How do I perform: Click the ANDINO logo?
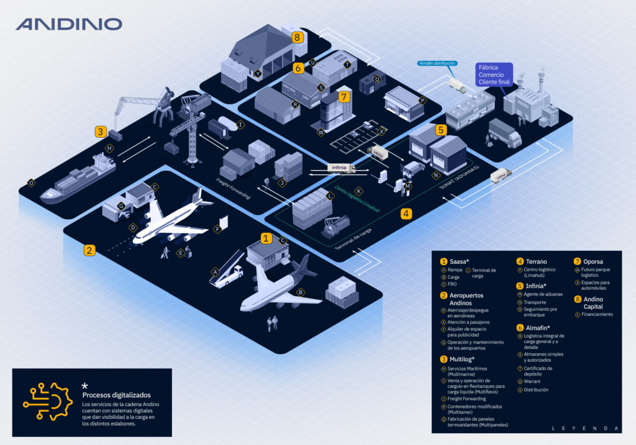point(69,24)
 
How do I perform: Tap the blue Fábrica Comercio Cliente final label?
point(494,74)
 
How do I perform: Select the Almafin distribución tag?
point(437,63)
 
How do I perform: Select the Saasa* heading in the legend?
point(460,261)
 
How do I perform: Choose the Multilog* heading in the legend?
point(461,359)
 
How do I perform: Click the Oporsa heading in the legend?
point(593,261)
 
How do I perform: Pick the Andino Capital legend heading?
point(593,303)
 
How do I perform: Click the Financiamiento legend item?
point(597,315)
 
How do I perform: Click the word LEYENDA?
point(585,428)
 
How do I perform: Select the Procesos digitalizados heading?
point(116,395)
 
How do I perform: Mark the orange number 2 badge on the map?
point(90,250)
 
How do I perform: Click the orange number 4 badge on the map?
point(406,214)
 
